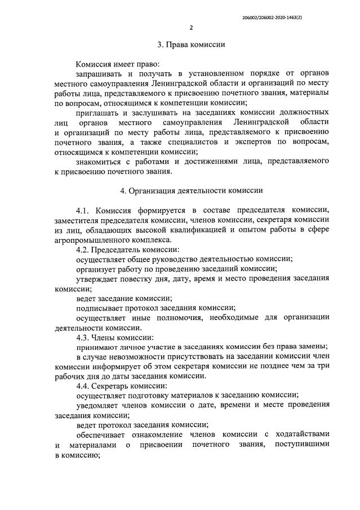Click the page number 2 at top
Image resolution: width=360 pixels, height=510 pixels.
pyautogui.click(x=191, y=28)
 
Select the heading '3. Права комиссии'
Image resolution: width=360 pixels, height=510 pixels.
pyautogui.click(x=191, y=45)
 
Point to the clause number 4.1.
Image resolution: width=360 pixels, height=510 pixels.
pyautogui.click(x=85, y=210)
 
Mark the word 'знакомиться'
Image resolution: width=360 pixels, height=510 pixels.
pyautogui.click(x=100, y=161)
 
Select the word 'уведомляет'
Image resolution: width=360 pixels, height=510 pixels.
pyautogui.click(x=96, y=405)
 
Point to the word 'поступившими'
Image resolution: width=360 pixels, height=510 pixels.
pyautogui.click(x=302, y=445)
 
